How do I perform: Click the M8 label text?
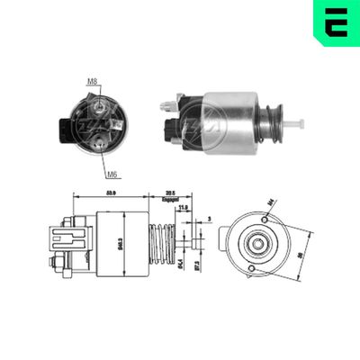(92, 82)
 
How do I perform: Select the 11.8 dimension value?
(184, 208)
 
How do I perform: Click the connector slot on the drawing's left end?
(69, 240)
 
